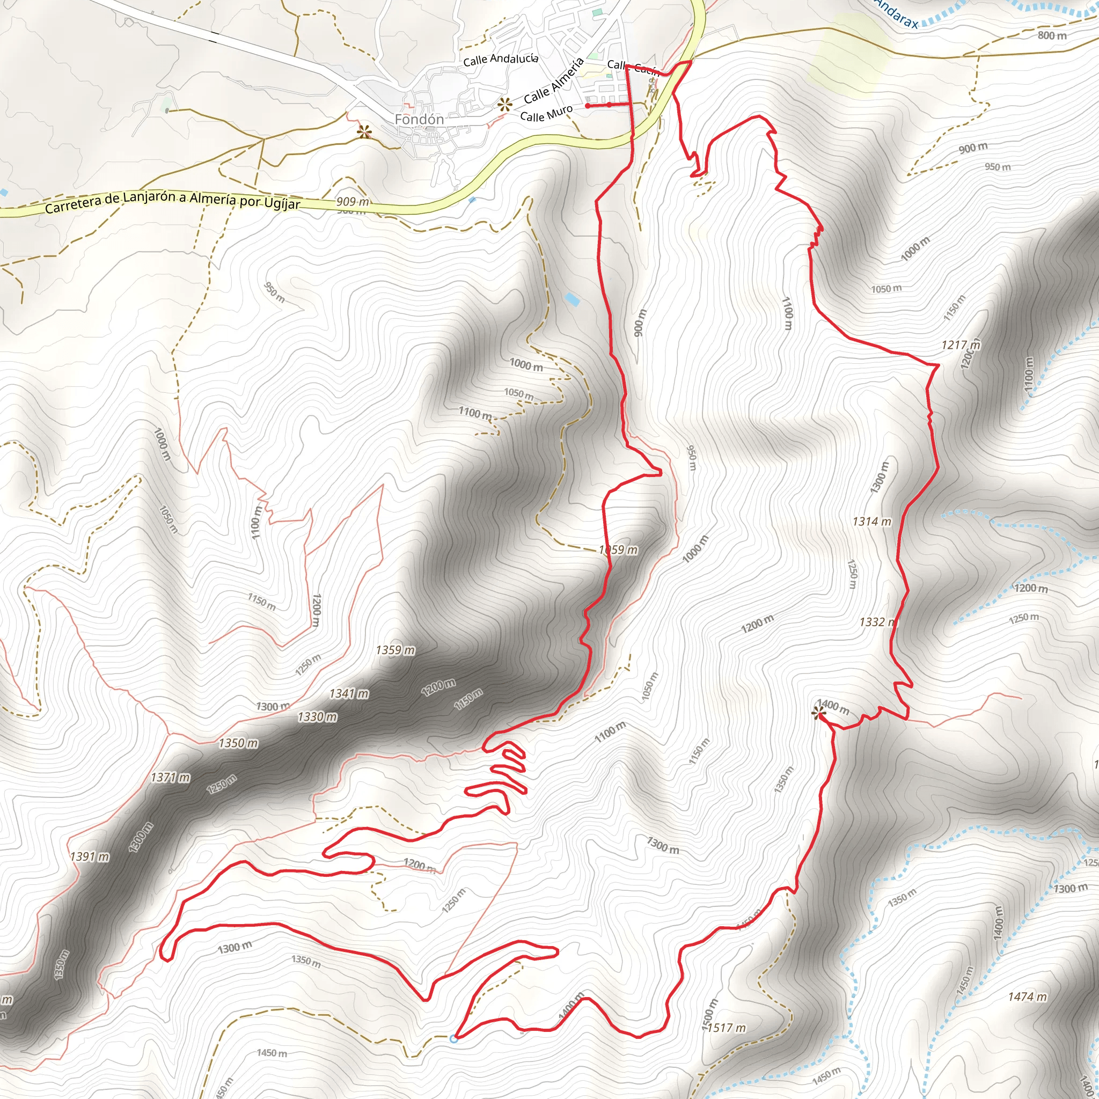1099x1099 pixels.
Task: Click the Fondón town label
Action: [x=419, y=120]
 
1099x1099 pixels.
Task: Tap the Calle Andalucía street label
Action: [x=501, y=58]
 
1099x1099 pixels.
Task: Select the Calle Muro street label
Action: [x=546, y=113]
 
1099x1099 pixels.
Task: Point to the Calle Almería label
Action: [x=553, y=81]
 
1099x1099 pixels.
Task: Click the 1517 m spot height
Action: [x=727, y=1028]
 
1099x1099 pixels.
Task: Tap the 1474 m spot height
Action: [x=1027, y=997]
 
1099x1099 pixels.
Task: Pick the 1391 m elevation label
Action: [x=90, y=856]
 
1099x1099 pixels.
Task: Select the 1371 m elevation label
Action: [x=171, y=777]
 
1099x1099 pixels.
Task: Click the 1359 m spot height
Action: [x=395, y=650]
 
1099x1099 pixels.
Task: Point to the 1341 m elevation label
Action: [x=349, y=693]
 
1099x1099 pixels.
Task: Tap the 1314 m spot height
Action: [x=871, y=522]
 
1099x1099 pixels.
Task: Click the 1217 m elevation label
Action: [x=961, y=345]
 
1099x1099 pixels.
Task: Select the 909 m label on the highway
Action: [x=353, y=201]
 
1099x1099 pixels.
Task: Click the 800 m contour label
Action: [x=1052, y=35]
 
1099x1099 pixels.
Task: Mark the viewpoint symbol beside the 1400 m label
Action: [x=819, y=713]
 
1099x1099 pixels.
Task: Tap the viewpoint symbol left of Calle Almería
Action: [x=504, y=104]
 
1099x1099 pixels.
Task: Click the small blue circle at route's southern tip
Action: [x=453, y=1039]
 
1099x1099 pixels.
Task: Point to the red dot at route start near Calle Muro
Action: [x=587, y=106]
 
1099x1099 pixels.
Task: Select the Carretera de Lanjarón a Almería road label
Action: [x=172, y=201]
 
